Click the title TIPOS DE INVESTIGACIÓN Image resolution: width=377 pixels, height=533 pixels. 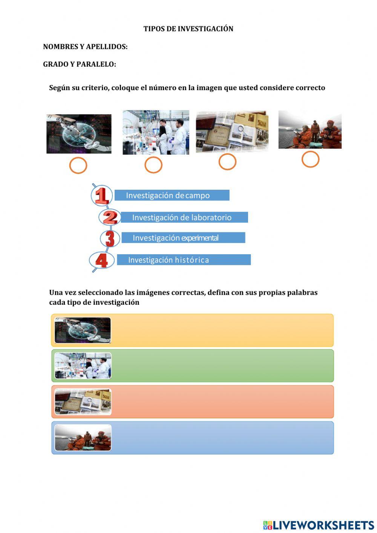tap(188, 29)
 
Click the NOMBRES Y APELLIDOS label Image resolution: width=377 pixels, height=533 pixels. tap(85, 47)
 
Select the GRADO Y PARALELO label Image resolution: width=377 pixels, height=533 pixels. tap(80, 65)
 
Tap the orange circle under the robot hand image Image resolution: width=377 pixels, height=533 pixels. tap(78, 165)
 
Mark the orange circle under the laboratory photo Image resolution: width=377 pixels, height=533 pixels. tap(153, 165)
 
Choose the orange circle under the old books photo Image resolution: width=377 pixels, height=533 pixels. tap(227, 162)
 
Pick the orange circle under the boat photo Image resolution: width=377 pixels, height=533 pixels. tap(310, 159)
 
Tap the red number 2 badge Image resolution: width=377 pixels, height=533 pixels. tap(110, 217)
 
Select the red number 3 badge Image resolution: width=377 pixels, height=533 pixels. tap(110, 238)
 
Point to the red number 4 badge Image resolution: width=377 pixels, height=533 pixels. tap(101, 260)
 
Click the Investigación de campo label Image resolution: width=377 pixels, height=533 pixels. tap(172, 195)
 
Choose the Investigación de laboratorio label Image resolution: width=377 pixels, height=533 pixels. tap(184, 217)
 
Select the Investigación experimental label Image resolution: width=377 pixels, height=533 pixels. tap(183, 238)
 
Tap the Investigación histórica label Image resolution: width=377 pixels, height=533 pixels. tap(184, 260)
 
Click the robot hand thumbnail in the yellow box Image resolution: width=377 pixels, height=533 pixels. tap(83, 330)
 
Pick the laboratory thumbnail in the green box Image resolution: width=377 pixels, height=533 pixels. tap(83, 366)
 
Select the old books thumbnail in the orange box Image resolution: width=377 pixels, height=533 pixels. tap(83, 402)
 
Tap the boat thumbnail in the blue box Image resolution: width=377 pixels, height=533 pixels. tap(83, 438)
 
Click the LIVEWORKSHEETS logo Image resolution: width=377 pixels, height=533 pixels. tap(319, 525)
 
